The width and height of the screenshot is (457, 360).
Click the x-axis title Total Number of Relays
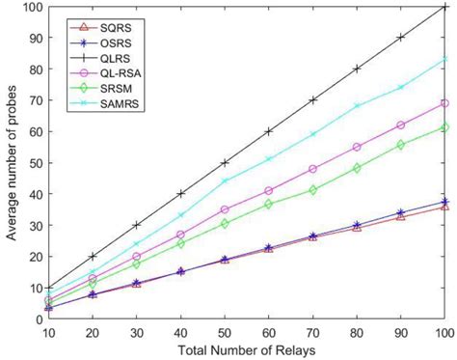pyautogui.click(x=245, y=350)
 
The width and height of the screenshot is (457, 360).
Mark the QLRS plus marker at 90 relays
pyautogui.click(x=400, y=38)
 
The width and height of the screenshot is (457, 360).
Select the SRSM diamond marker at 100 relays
pyautogui.click(x=444, y=127)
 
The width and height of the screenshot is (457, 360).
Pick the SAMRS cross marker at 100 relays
pyautogui.click(x=444, y=59)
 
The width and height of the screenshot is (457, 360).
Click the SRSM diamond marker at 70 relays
pyautogui.click(x=312, y=190)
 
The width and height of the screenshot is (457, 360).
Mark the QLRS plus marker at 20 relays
pyautogui.click(x=93, y=256)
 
